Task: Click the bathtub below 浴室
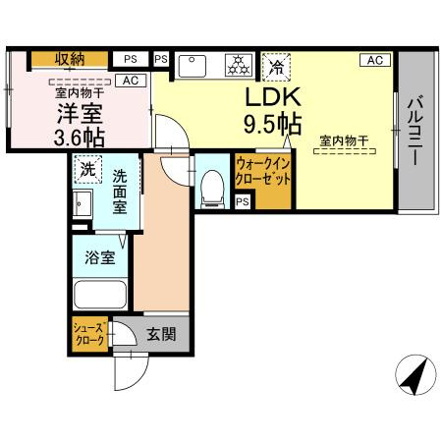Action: [x=101, y=294]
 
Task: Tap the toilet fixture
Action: [x=209, y=188]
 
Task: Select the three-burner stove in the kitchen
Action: [x=237, y=65]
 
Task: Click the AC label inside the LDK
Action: [x=373, y=60]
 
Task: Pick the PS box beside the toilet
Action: [x=242, y=201]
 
